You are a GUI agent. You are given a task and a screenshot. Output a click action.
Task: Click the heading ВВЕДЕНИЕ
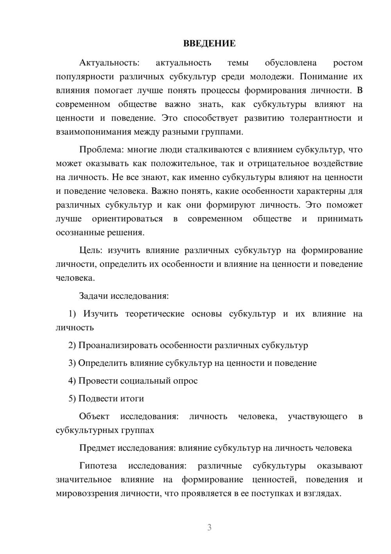click(x=209, y=43)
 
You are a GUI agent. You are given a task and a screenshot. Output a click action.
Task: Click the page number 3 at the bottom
click(x=209, y=527)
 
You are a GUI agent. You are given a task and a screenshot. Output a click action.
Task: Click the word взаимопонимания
click(x=93, y=132)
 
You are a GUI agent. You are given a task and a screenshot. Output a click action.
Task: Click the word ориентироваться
click(x=127, y=219)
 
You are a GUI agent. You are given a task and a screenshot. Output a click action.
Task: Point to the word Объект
click(x=94, y=416)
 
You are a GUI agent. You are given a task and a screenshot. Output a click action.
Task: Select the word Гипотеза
click(x=98, y=466)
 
